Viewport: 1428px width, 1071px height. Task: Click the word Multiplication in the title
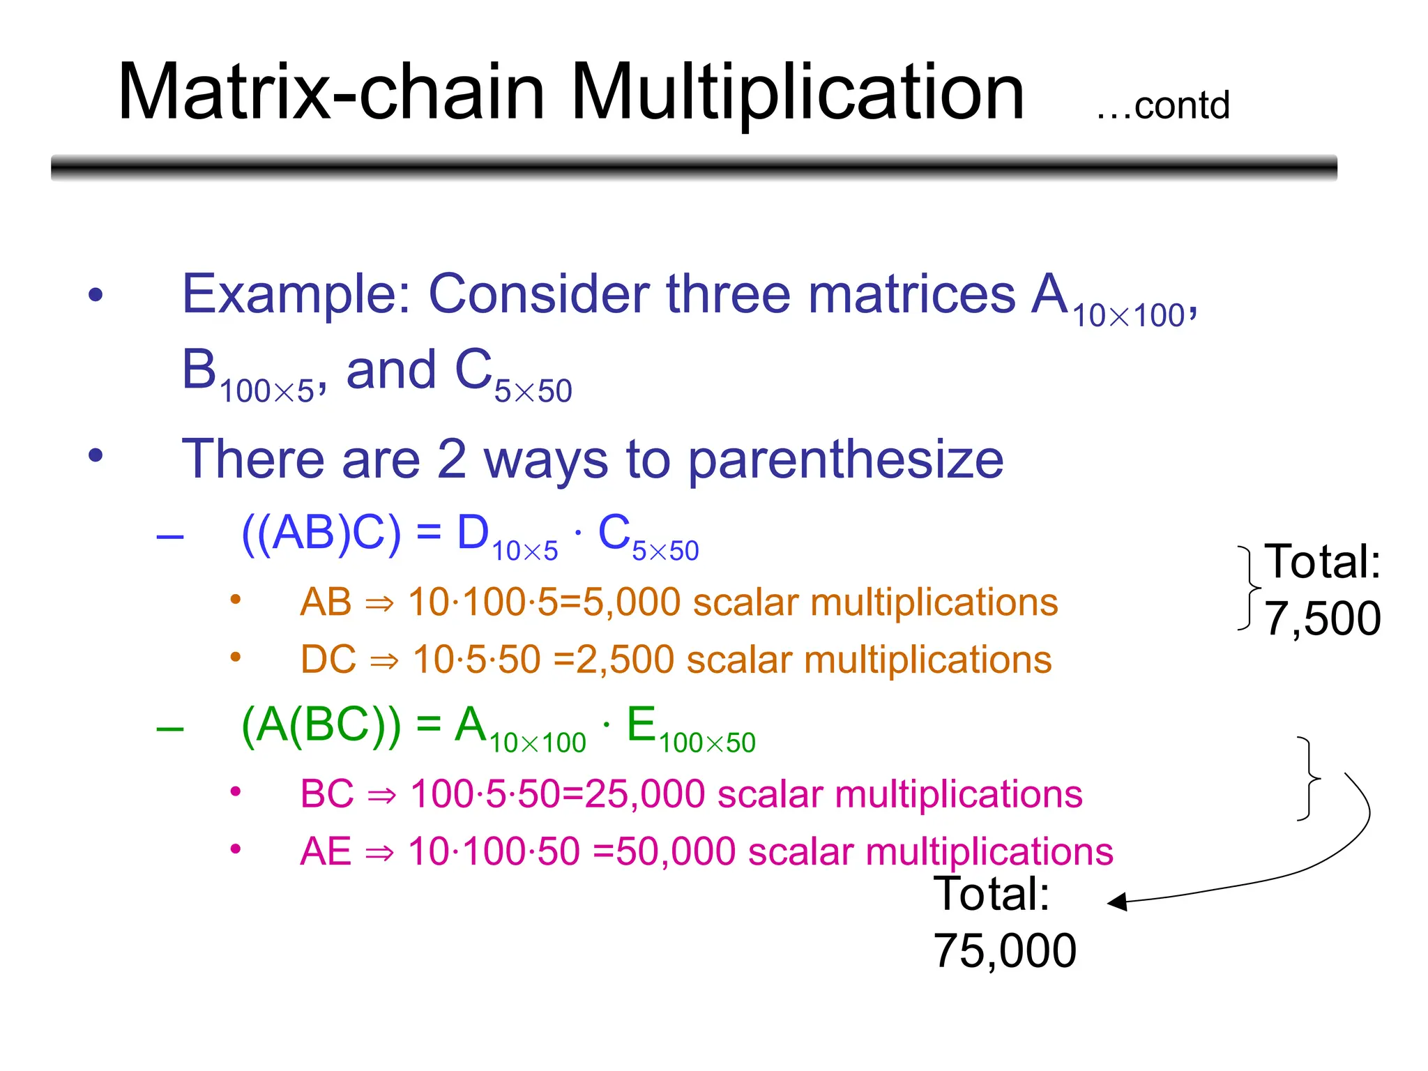tap(798, 92)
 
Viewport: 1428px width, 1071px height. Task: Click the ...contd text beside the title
tap(1162, 106)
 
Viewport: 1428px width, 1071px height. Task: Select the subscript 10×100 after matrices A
tap(1128, 316)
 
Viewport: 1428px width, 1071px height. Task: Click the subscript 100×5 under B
tap(267, 391)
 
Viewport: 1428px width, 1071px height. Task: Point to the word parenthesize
tap(845, 460)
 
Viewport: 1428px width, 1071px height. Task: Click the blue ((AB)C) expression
tap(321, 533)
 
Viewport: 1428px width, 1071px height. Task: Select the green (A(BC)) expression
tap(321, 725)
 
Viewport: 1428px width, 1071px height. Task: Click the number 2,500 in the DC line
tap(625, 660)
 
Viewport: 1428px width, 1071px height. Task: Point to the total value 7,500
tap(1323, 618)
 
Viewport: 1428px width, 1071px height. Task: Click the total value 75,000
tap(1005, 951)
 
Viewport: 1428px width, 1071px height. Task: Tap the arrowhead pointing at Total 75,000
tap(1117, 902)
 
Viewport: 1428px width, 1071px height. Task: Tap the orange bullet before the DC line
tap(236, 657)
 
